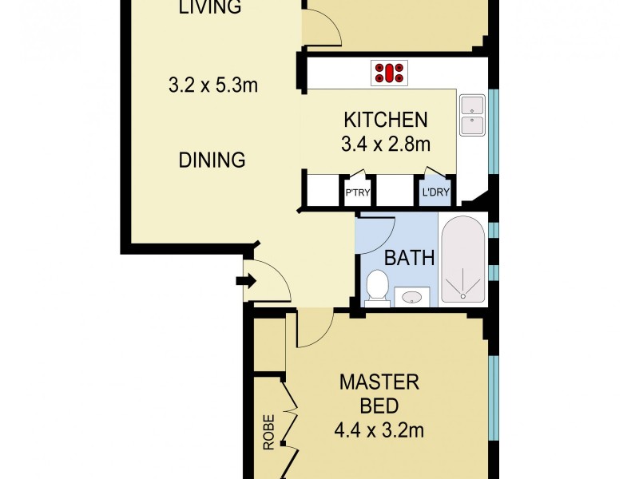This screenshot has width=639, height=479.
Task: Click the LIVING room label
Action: tap(210, 9)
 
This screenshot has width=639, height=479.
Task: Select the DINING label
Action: tap(211, 160)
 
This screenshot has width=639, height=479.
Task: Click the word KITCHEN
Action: tap(386, 120)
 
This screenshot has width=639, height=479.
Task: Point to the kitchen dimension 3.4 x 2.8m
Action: tap(387, 144)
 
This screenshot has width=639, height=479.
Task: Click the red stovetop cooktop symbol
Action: tap(389, 73)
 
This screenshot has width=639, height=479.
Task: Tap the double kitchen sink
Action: tap(471, 115)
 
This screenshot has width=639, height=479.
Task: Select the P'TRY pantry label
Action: tap(356, 192)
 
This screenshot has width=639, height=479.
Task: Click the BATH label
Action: tap(410, 258)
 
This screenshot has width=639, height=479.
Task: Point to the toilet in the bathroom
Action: tap(377, 287)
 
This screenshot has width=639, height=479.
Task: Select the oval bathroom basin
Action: tap(412, 297)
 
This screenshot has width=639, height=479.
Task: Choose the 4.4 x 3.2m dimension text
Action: tap(379, 432)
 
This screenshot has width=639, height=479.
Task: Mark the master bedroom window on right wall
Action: tap(493, 397)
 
